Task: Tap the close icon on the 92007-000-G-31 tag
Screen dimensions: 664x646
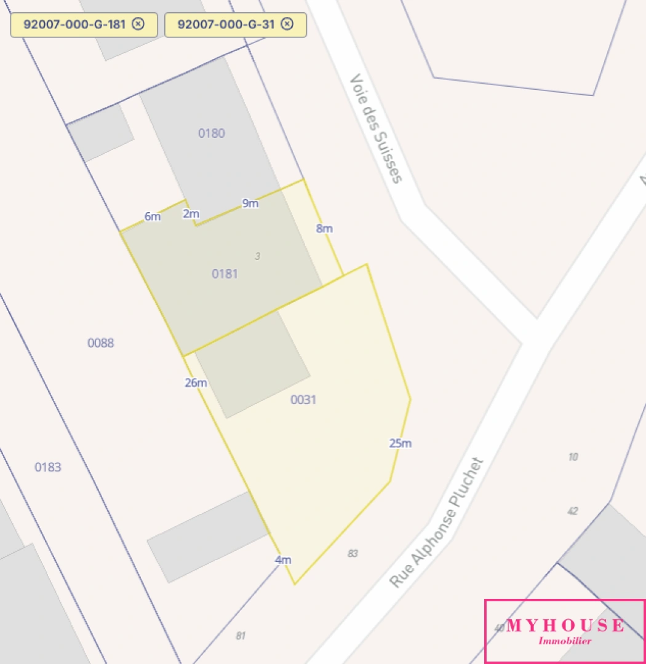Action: click(287, 24)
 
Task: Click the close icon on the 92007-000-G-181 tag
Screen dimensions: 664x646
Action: click(138, 24)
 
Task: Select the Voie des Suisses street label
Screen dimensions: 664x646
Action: click(376, 128)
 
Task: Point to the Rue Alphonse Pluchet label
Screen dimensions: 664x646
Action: click(437, 523)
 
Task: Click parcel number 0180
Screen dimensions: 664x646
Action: click(211, 133)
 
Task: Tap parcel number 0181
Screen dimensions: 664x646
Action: click(225, 274)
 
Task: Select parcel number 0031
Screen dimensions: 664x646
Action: click(303, 400)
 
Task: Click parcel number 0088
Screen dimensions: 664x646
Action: click(100, 342)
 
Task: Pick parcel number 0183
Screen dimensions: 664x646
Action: click(48, 467)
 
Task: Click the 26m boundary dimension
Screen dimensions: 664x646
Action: click(196, 382)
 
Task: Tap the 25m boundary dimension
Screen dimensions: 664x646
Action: click(400, 443)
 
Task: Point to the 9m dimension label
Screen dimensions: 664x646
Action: click(250, 204)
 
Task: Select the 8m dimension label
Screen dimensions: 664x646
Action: click(324, 229)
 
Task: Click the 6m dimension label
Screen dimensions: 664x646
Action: click(153, 216)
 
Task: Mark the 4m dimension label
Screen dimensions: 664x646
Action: click(283, 559)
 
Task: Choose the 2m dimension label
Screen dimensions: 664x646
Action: click(191, 214)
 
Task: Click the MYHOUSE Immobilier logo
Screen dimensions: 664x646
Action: click(565, 631)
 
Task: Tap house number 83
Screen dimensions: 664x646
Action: click(353, 553)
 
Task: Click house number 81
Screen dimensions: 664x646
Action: click(241, 636)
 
